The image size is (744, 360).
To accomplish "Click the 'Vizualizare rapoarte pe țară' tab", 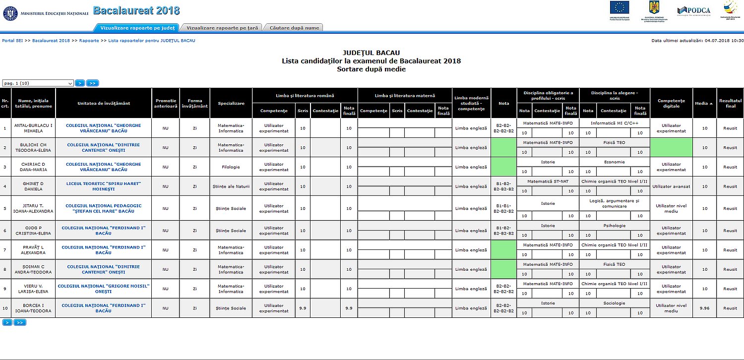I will [221, 28].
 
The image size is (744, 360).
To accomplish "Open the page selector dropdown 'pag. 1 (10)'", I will [38, 83].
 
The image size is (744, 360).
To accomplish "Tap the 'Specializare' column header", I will [231, 103].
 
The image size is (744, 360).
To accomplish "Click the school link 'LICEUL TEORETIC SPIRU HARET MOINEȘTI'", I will [104, 186].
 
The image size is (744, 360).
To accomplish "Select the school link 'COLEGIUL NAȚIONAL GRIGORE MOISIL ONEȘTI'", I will [104, 289].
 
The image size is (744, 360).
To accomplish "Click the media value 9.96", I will [704, 308].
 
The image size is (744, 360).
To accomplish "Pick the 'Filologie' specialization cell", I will [231, 167].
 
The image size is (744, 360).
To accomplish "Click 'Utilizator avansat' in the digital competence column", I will [671, 186].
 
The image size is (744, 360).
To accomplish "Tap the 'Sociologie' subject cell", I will [614, 303].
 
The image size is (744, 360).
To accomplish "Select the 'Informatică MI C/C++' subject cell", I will [614, 122].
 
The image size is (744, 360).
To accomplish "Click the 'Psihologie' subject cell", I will [614, 226].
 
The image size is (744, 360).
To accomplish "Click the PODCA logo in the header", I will [694, 11].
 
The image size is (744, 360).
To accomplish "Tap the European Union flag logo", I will [620, 7].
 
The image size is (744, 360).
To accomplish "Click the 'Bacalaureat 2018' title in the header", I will [136, 11].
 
